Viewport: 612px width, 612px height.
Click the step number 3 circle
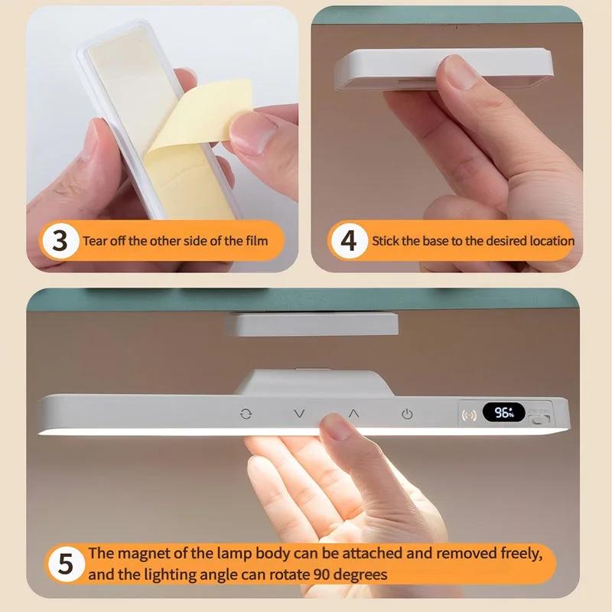60,241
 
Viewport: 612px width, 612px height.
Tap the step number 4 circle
348,241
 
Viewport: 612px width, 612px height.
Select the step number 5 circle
67,564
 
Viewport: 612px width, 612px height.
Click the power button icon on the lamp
407,414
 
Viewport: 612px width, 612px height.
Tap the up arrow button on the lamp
353,412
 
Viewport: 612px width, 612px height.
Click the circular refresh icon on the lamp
246,413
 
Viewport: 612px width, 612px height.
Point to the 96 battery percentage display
503,413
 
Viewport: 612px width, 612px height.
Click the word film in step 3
256,241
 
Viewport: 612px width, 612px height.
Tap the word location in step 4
549,241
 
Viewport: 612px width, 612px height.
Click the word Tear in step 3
95,241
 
